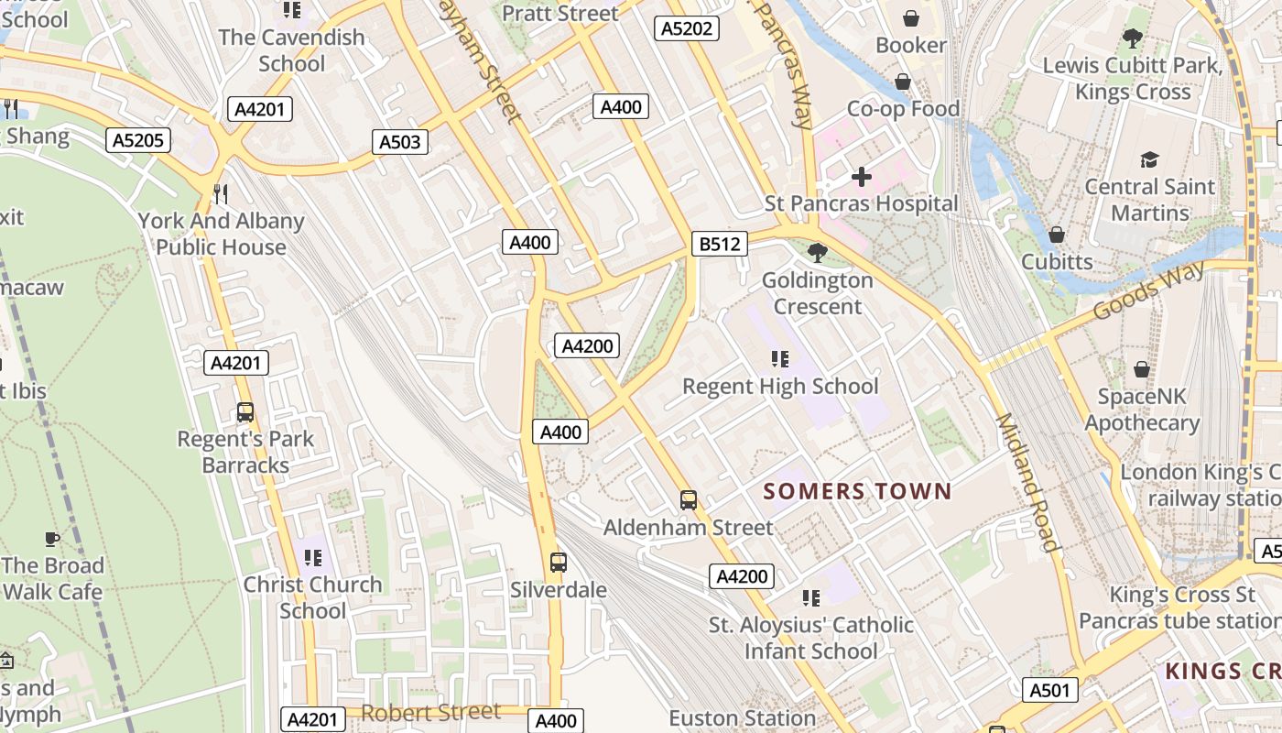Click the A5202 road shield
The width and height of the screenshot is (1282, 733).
[x=687, y=28]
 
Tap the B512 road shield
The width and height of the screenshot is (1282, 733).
[x=720, y=243]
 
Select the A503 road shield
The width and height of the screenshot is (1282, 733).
[x=400, y=141]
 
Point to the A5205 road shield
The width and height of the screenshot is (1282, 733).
[x=137, y=140]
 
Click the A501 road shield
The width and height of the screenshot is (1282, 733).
[x=1049, y=690]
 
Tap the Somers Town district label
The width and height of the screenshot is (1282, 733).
[x=858, y=491]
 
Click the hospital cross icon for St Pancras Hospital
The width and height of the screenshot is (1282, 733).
[x=861, y=176]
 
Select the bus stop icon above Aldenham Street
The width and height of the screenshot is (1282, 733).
[x=689, y=500]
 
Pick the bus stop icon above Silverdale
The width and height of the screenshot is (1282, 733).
[x=558, y=563]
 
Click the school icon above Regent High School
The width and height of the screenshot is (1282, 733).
[x=780, y=359]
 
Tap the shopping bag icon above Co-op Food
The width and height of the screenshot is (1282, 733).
[x=903, y=82]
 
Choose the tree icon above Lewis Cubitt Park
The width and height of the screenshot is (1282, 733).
[x=1133, y=38]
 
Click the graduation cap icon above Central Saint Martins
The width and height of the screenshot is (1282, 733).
[x=1149, y=160]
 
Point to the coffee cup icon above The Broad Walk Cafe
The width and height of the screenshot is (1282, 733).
[x=52, y=539]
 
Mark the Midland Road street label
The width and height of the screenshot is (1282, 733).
[x=1027, y=483]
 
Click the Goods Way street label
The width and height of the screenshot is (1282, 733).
[x=1149, y=291]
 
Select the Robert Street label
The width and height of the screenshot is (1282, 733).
[x=430, y=712]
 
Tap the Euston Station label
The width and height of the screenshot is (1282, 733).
[x=742, y=717]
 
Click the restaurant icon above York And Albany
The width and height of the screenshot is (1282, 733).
[x=220, y=194]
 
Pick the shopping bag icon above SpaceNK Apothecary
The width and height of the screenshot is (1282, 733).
[x=1141, y=369]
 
